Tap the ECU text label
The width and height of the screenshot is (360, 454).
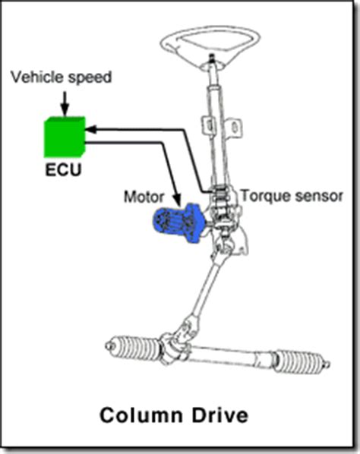pyautogui.click(x=62, y=169)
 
